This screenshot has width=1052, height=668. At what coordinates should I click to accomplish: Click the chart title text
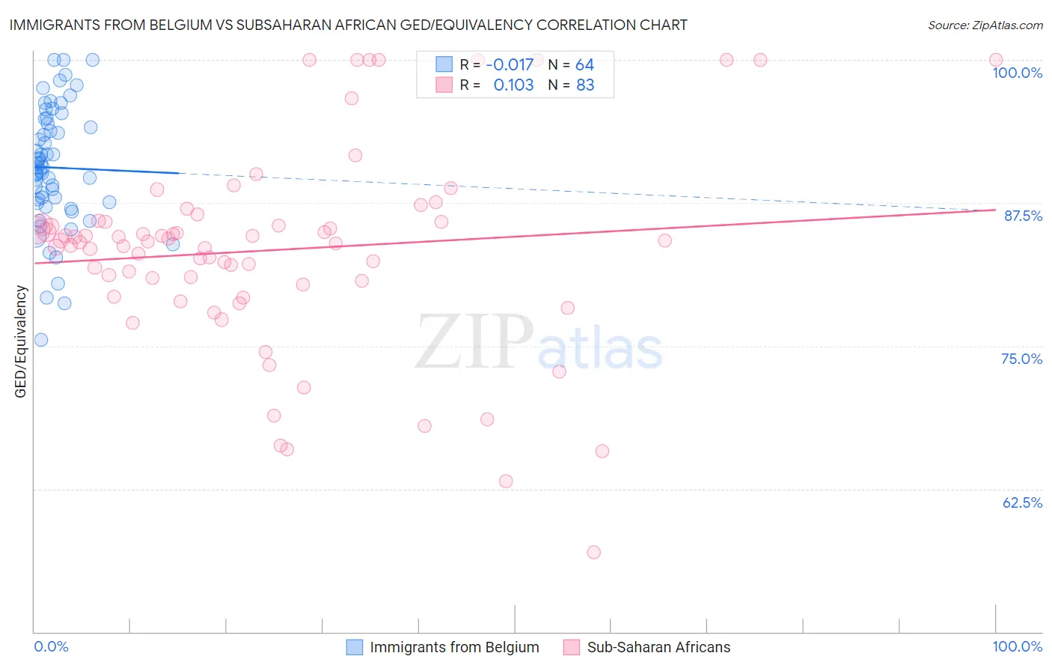[x=348, y=25]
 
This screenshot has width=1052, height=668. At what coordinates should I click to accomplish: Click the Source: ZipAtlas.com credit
[x=985, y=25]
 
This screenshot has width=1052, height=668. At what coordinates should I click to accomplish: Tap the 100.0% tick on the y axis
[x=1017, y=73]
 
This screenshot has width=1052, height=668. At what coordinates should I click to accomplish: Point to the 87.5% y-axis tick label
[x=1022, y=216]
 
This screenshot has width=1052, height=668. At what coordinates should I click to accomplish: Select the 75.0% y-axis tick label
[x=1021, y=359]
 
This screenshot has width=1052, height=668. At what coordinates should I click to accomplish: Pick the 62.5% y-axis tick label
[x=1022, y=502]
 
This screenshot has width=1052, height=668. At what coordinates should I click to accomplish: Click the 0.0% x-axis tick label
[x=51, y=646]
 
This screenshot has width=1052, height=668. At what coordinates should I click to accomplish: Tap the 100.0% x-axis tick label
[x=1017, y=646]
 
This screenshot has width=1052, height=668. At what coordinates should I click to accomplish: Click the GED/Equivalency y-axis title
[x=21, y=341]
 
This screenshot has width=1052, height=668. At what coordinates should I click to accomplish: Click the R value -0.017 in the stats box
[x=510, y=65]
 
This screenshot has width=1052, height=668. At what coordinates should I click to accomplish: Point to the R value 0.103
[x=513, y=85]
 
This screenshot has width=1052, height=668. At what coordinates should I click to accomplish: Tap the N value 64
[x=584, y=65]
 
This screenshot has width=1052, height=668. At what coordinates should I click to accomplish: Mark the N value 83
[x=585, y=85]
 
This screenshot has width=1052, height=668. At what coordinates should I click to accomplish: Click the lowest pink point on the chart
[x=594, y=552]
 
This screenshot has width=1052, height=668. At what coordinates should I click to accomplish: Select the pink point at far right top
[x=996, y=60]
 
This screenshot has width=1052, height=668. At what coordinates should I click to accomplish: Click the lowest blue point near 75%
[x=41, y=340]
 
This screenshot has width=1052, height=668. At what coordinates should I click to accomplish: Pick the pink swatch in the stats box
[x=444, y=85]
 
